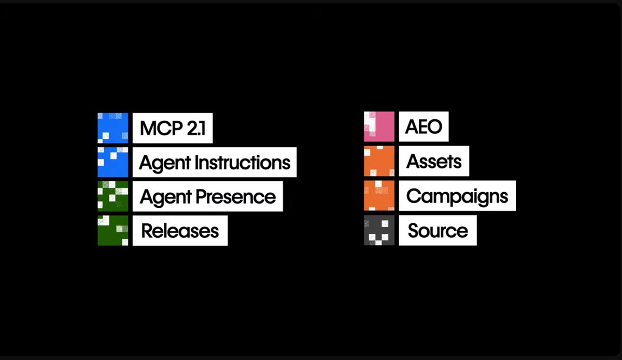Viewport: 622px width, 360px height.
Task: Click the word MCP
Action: click(x=161, y=128)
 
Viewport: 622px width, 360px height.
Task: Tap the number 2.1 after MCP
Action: click(x=196, y=128)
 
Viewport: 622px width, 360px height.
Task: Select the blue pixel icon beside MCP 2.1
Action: click(x=113, y=128)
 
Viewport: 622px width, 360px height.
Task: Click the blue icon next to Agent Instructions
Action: click(x=113, y=162)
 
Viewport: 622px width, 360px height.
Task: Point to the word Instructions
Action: click(x=243, y=162)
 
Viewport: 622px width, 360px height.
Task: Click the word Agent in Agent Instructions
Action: click(x=165, y=164)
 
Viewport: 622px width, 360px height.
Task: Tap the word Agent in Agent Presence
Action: click(x=166, y=198)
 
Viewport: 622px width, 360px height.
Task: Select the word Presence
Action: click(x=236, y=197)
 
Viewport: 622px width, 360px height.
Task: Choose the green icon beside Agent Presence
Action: click(x=113, y=196)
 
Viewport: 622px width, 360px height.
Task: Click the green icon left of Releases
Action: click(x=113, y=231)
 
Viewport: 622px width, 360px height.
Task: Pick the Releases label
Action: click(x=180, y=231)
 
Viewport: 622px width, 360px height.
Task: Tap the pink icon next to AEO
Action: click(x=379, y=126)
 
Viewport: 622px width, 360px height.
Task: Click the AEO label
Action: click(x=423, y=127)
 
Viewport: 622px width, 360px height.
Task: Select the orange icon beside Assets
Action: click(x=379, y=161)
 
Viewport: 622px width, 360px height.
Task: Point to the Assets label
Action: click(x=434, y=161)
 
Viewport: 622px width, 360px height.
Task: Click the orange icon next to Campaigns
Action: click(x=379, y=196)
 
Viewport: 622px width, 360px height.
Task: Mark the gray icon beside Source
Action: click(x=379, y=230)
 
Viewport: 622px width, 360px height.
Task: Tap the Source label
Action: click(x=437, y=231)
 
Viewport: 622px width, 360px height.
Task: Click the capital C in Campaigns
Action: click(x=414, y=196)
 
